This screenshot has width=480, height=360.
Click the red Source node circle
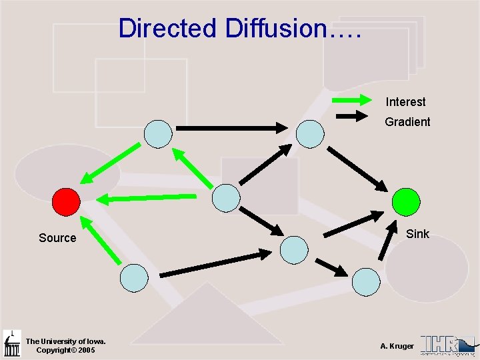pyautogui.click(x=66, y=201)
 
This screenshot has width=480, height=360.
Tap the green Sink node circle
pyautogui.click(x=406, y=201)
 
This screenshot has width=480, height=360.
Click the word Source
pyautogui.click(x=57, y=238)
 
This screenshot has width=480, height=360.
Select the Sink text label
pyautogui.click(x=417, y=234)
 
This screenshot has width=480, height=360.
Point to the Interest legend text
pyautogui.click(x=405, y=102)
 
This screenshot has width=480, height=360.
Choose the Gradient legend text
pyautogui.click(x=407, y=122)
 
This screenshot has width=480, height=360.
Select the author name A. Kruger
pyautogui.click(x=397, y=346)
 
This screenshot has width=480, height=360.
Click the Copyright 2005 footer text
pyautogui.click(x=65, y=350)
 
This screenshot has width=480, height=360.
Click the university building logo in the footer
pyautogui.click(x=12, y=344)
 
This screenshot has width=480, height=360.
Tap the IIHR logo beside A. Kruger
pyautogui.click(x=447, y=344)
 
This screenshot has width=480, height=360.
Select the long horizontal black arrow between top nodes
pyautogui.click(x=231, y=127)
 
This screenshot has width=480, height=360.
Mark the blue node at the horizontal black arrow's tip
pyautogui.click(x=310, y=133)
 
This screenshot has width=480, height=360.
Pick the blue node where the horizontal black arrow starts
pyautogui.click(x=159, y=133)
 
